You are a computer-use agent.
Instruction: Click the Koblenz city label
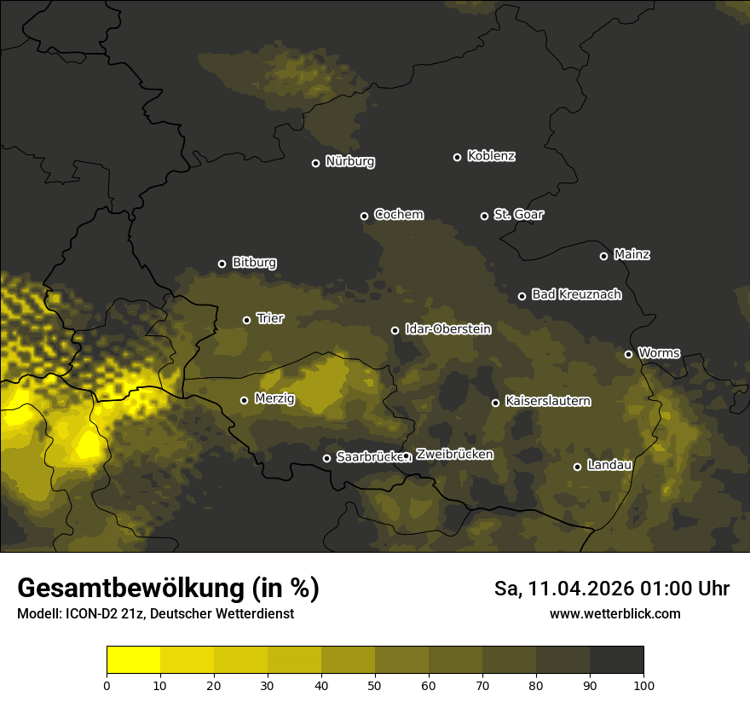(x=491, y=156)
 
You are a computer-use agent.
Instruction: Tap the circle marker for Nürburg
(x=315, y=163)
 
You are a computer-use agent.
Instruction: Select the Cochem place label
(x=398, y=214)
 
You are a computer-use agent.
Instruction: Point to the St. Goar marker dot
(x=484, y=216)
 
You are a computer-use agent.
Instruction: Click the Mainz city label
(x=632, y=254)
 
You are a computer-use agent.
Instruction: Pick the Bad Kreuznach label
(x=576, y=294)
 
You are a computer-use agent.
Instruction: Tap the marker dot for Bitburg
(x=222, y=264)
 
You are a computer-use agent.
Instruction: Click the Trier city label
(x=270, y=318)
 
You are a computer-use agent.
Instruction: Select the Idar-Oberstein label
(x=448, y=328)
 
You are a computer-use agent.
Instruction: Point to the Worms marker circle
(x=628, y=354)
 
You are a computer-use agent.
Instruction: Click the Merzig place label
(x=274, y=398)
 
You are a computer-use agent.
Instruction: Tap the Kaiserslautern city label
(x=547, y=401)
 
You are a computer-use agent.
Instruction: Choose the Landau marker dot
(x=577, y=467)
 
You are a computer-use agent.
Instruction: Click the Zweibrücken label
(x=454, y=454)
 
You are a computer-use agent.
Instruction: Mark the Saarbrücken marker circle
(x=326, y=458)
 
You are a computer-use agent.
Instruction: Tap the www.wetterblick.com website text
(x=614, y=613)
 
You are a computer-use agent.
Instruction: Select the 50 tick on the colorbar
(x=375, y=685)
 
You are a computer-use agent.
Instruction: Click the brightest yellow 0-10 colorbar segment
(x=133, y=659)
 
